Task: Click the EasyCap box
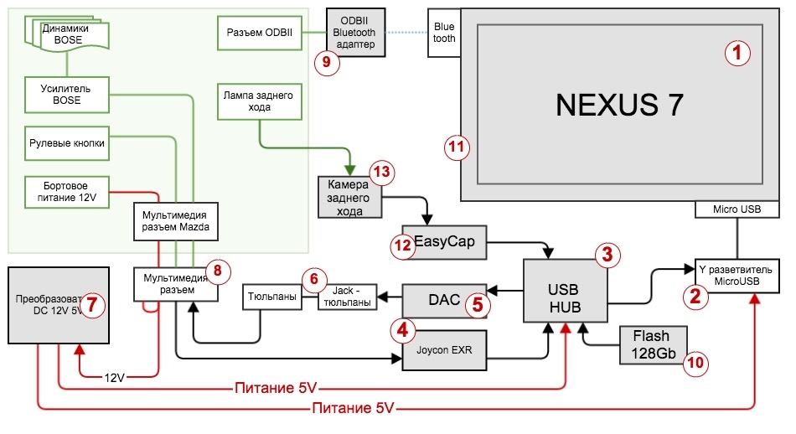click(x=444, y=242)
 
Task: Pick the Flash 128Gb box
click(x=653, y=344)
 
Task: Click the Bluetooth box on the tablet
click(x=444, y=33)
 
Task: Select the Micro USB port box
click(x=737, y=209)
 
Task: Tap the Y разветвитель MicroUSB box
click(x=737, y=274)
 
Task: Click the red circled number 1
click(x=737, y=54)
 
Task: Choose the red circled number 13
click(x=381, y=173)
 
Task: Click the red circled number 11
click(x=456, y=148)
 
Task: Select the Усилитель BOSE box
click(x=66, y=95)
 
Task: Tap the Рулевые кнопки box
click(x=66, y=143)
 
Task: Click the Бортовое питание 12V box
click(x=66, y=189)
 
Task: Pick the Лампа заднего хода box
click(x=259, y=101)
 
